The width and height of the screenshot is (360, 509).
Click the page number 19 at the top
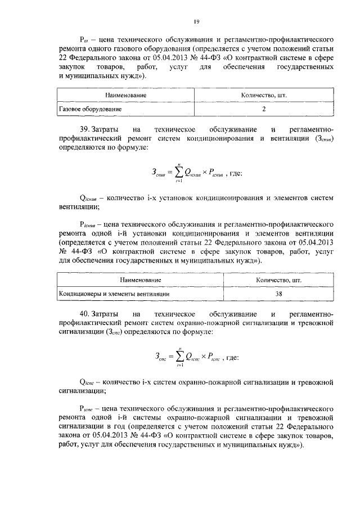point(196,21)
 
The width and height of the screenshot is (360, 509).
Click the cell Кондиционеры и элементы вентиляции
point(115,294)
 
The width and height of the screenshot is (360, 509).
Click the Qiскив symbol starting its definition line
point(91,199)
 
